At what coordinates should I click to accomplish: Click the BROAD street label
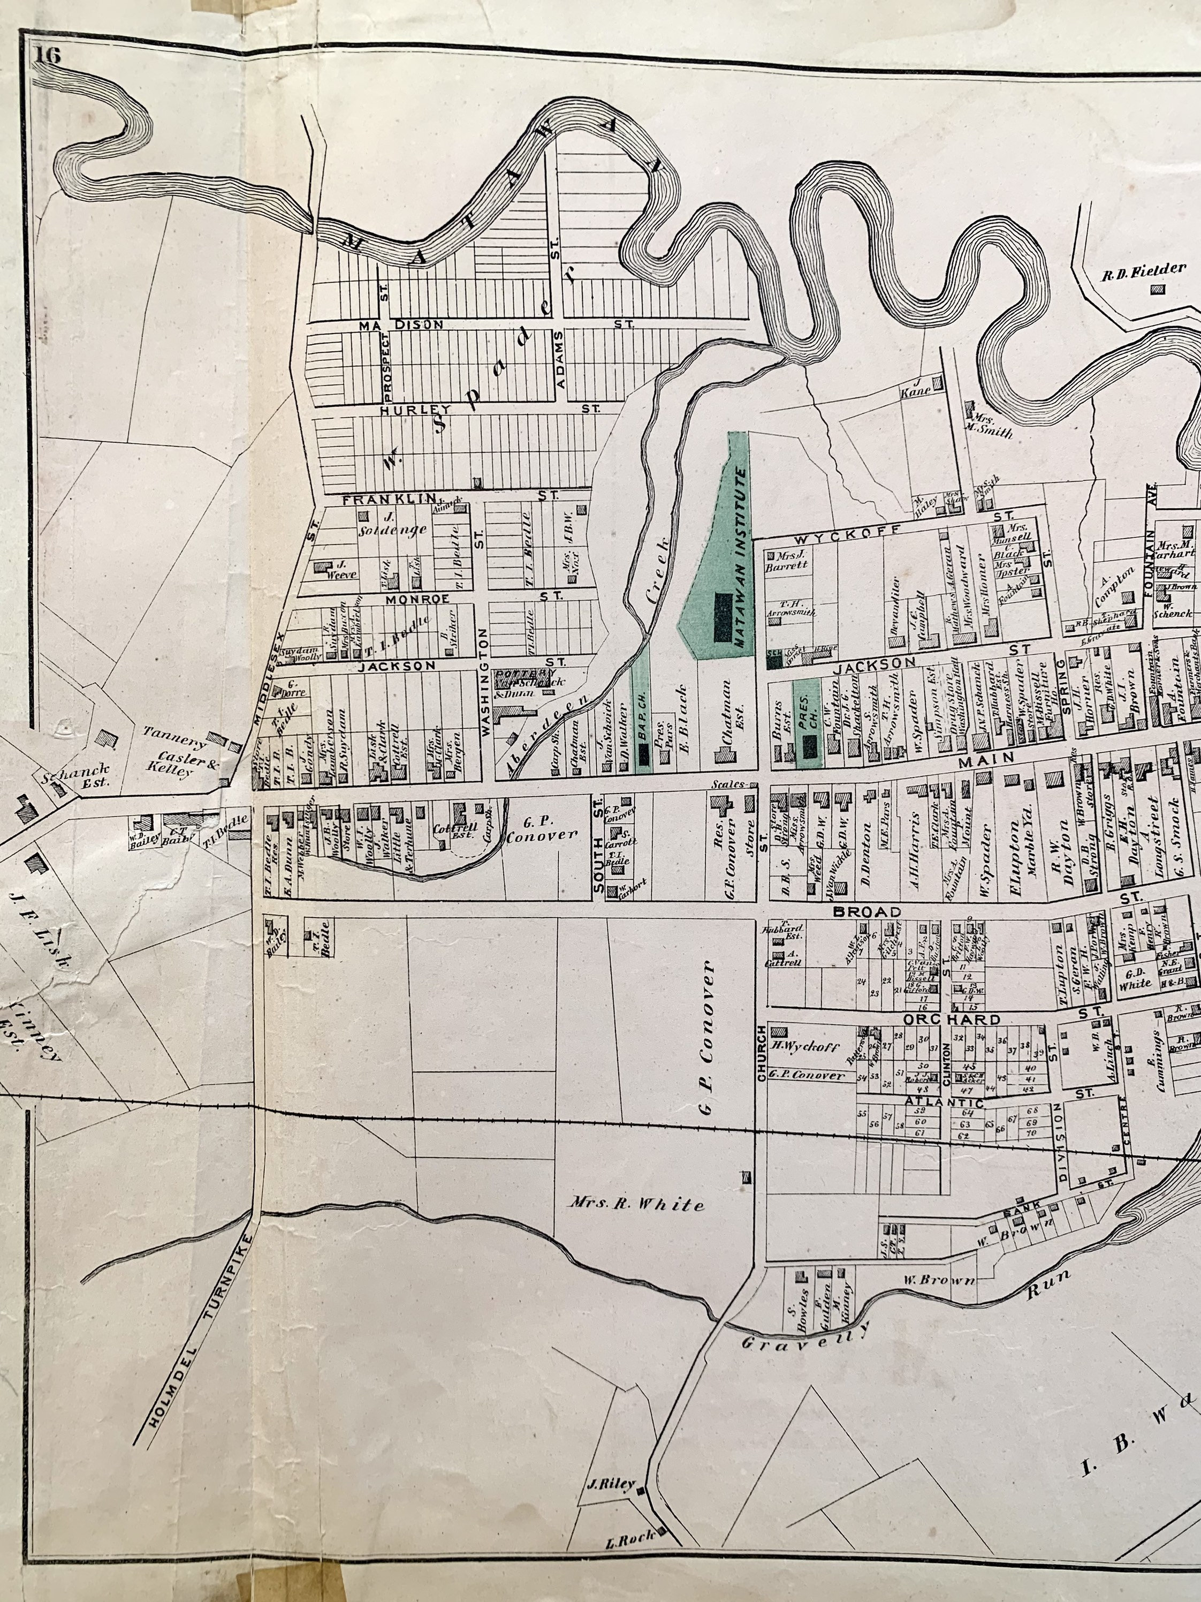point(866,912)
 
